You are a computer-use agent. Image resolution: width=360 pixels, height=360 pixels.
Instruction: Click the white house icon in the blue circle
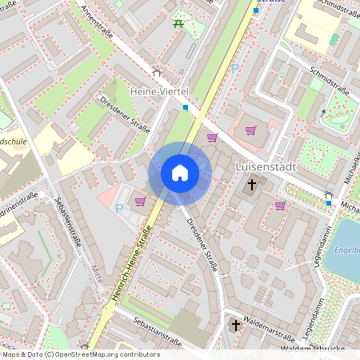(x=180, y=173)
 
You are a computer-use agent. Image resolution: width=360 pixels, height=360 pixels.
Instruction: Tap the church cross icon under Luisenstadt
(x=251, y=186)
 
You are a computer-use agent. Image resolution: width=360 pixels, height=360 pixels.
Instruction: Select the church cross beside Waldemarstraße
(x=235, y=326)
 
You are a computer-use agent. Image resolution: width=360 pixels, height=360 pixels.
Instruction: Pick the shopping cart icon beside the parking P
(x=140, y=202)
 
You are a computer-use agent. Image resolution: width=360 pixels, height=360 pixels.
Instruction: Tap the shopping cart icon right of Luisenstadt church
(x=280, y=206)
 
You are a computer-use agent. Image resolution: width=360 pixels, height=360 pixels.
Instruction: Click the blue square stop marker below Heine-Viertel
(x=186, y=107)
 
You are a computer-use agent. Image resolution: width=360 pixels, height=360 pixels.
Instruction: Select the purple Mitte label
(x=98, y=270)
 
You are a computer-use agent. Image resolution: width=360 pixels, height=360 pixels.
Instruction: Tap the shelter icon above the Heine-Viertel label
(x=156, y=74)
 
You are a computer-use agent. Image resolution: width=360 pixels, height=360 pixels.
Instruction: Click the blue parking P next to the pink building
(x=119, y=208)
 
